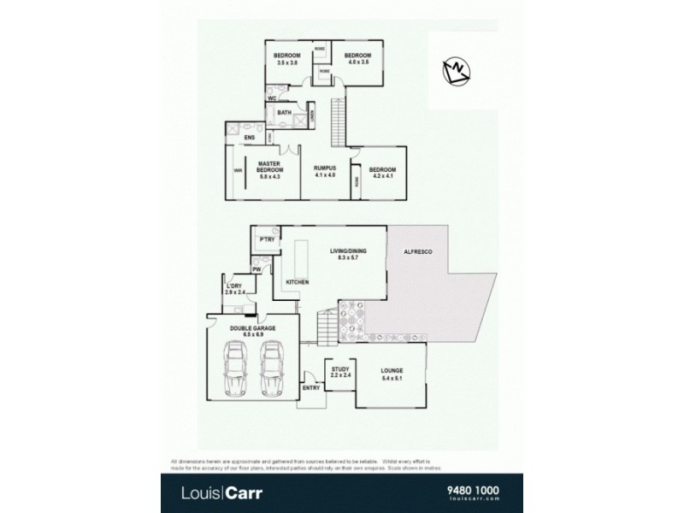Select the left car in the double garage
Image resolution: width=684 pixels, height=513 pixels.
coord(233,369)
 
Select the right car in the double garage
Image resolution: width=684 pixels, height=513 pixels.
coord(271,369)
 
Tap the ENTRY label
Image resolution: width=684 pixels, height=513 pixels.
coord(312,388)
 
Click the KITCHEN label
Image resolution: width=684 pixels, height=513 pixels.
coord(297,281)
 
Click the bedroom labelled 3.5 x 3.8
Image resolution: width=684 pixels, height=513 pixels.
coord(286,59)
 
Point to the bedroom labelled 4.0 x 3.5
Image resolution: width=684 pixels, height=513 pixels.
coord(357,59)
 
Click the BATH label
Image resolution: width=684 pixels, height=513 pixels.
coord(285,112)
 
